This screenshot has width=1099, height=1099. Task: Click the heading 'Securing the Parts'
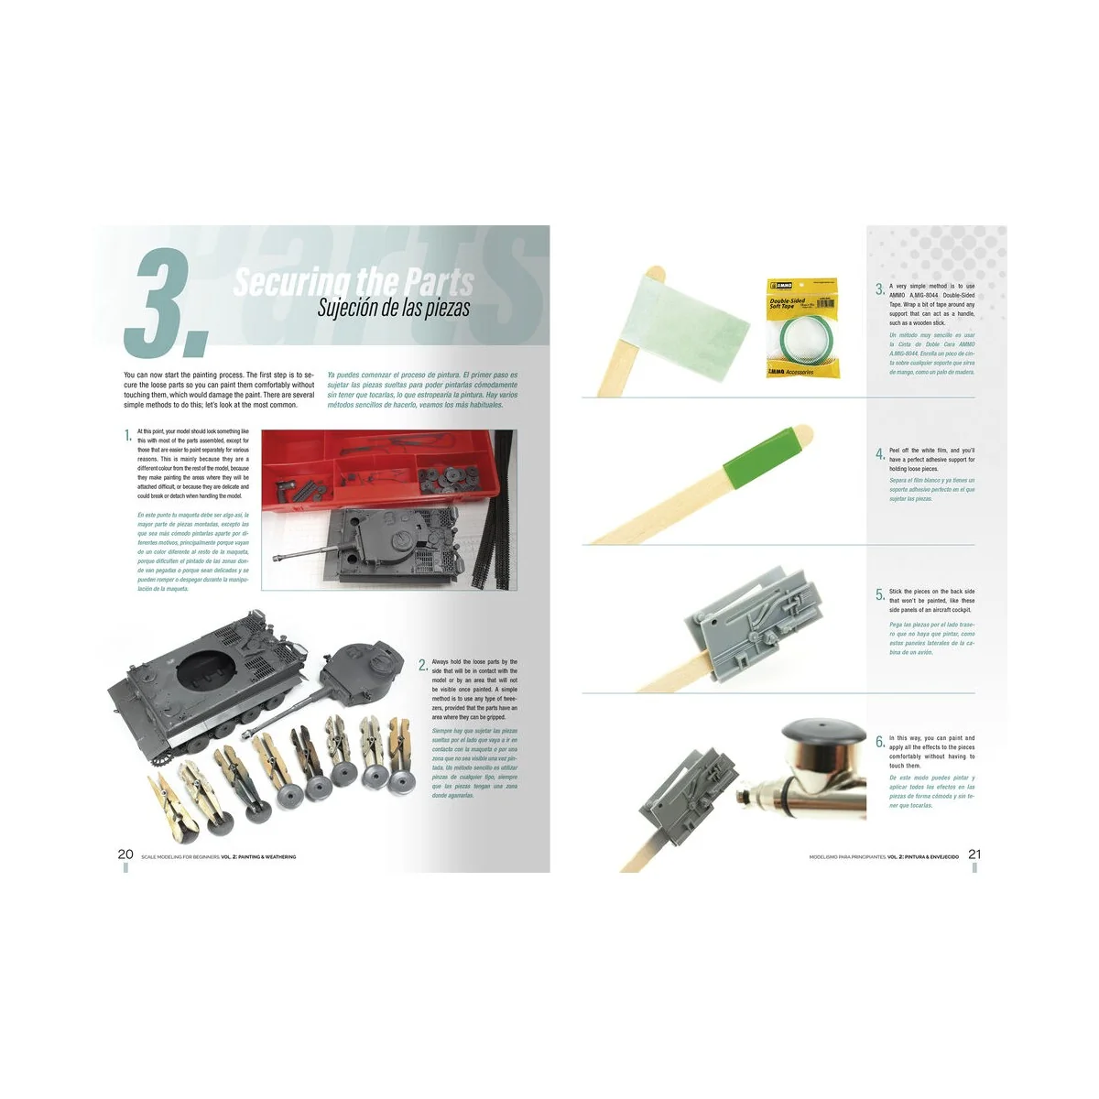pos(354,281)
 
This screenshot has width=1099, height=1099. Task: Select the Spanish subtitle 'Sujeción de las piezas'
pos(393,308)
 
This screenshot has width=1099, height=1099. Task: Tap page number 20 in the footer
pos(125,854)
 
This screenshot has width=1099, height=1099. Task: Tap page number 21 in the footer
pos(974,854)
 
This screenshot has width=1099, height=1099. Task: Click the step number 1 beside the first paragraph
pos(128,435)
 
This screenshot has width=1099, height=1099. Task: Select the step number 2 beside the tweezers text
pos(422,665)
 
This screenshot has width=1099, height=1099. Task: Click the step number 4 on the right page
pos(879,454)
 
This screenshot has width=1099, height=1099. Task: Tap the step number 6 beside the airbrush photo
pos(879,742)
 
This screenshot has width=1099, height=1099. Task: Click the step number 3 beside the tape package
pos(879,289)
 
